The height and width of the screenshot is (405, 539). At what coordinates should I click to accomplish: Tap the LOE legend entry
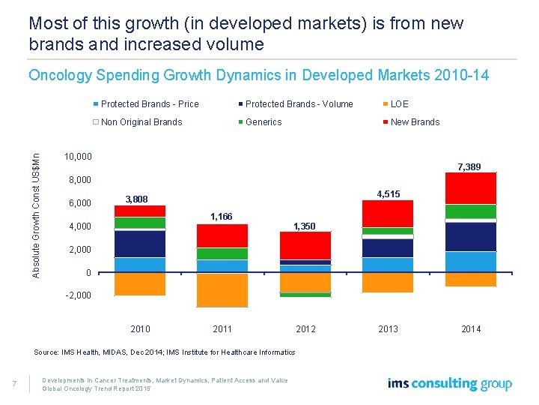point(399,104)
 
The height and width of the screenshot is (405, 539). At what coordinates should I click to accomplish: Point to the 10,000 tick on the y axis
point(79,157)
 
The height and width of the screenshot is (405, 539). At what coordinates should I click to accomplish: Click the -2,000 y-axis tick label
point(78,295)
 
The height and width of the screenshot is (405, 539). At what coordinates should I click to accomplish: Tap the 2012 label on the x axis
point(305,329)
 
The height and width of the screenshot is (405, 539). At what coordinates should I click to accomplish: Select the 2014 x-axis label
point(471,329)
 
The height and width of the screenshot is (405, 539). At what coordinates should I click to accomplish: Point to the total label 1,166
point(222,217)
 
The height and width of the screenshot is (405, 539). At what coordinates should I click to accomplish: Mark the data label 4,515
point(389,194)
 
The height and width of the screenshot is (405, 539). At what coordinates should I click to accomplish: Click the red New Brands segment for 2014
point(470,188)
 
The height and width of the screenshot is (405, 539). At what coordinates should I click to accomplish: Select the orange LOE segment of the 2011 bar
point(222,289)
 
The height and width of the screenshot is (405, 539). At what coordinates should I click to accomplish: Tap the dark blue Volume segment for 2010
point(140,244)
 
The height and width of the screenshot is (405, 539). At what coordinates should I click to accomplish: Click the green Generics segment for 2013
point(388,231)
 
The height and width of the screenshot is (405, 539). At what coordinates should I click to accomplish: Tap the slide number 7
point(15,385)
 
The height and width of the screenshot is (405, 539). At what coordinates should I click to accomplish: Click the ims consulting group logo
point(449,384)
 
